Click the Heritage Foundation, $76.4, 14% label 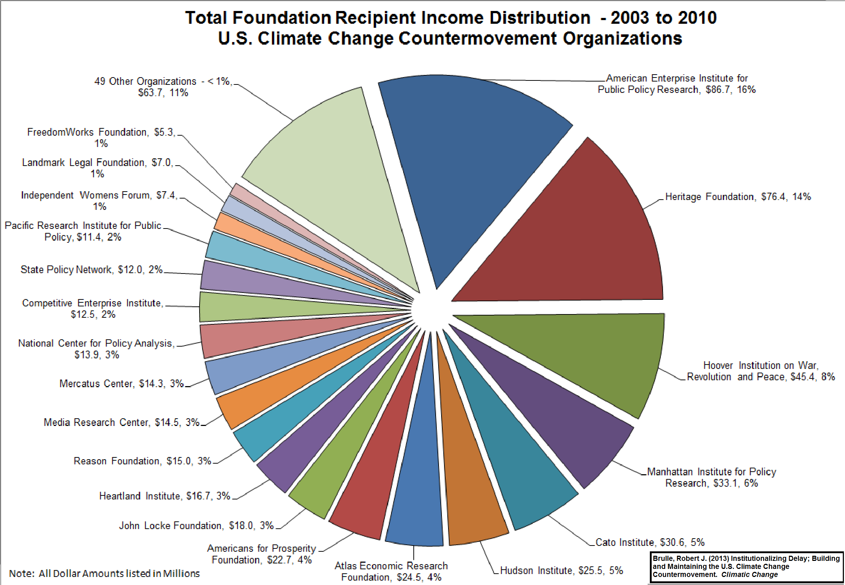coord(738,197)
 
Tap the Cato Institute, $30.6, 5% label coord(650,542)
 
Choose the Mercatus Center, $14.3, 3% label coord(121,384)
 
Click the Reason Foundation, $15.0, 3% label coord(142,461)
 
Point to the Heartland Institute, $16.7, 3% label coord(164,496)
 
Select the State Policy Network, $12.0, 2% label coord(91,269)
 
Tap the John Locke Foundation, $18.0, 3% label coord(196,526)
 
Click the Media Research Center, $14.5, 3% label coord(121,422)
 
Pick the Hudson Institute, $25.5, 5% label coord(561,570)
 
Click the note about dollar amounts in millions coord(105,573)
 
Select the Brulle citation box coord(746,566)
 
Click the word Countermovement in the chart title coord(477,38)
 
